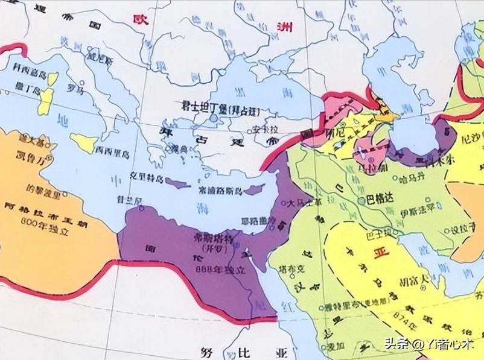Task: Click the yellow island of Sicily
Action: click(x=84, y=143)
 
